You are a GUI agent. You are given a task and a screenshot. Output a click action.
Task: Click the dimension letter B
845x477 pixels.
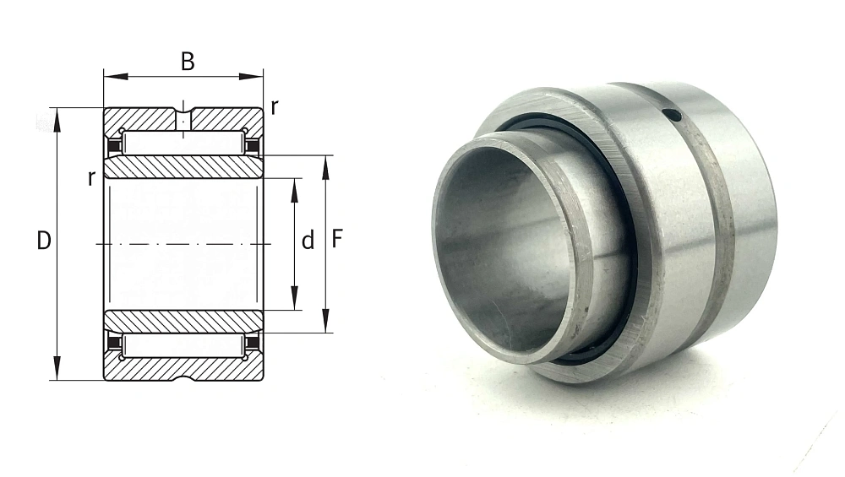point(188,62)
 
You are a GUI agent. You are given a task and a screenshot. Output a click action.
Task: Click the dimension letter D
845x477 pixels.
point(44,241)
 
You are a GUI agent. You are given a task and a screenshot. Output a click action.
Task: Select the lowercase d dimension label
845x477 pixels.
point(308,241)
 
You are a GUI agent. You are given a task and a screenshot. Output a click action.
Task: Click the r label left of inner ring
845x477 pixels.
point(90,177)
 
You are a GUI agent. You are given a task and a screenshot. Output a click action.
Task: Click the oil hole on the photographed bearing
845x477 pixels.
point(672,115)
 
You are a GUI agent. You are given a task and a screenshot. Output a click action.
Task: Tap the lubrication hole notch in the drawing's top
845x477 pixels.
point(183,114)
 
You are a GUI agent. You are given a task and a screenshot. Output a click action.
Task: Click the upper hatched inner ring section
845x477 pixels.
point(183,167)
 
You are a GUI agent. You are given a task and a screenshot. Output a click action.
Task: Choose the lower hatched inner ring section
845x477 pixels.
point(183,322)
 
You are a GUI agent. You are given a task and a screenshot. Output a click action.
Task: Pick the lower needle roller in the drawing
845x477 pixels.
point(183,345)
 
